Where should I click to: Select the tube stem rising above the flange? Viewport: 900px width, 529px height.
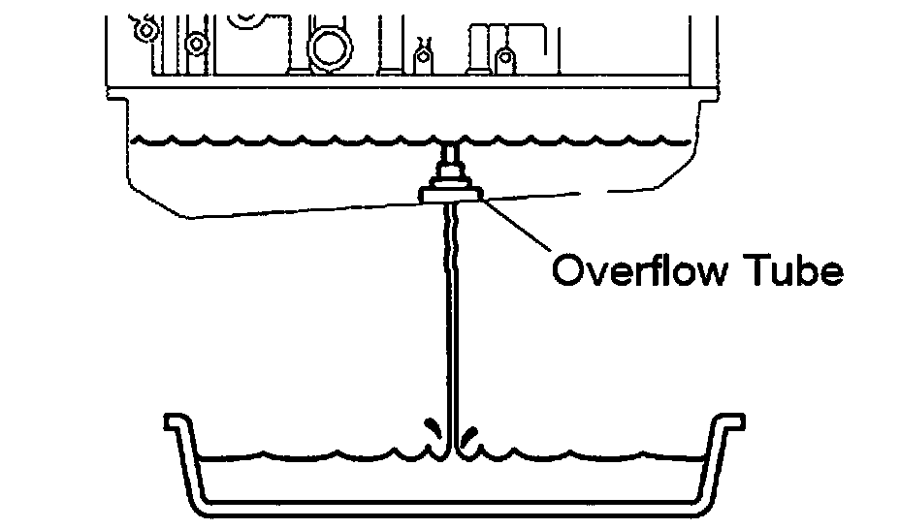pos(451,156)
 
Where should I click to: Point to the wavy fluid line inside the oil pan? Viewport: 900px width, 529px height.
pos(291,142)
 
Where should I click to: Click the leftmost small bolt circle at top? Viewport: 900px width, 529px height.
pos(146,30)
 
